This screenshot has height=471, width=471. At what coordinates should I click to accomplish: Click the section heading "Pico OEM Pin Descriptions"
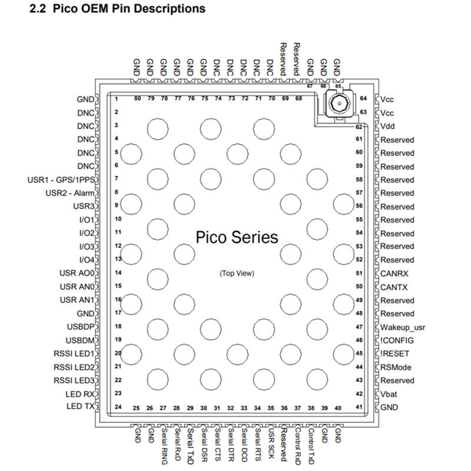point(129,8)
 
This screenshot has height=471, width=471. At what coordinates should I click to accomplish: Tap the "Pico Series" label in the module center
point(237,237)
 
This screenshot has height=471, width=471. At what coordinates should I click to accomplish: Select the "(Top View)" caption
point(237,273)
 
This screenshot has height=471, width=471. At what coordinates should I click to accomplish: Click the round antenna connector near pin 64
point(339,104)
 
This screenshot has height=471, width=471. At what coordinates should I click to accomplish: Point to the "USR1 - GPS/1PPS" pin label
point(61,180)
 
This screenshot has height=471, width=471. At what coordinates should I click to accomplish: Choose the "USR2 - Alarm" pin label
point(70,193)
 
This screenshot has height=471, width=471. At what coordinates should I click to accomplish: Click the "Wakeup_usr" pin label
point(403,327)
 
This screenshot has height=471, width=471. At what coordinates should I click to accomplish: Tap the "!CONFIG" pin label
point(397,340)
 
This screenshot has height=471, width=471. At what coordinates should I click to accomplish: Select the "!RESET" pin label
point(394,354)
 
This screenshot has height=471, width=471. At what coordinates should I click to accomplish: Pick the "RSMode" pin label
point(396,367)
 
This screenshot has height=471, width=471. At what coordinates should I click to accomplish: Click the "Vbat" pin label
point(389,394)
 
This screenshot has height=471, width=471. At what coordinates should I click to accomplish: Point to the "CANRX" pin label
point(394,274)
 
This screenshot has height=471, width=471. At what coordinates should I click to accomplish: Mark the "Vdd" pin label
point(387,126)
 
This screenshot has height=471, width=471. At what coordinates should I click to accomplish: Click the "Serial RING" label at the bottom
point(164,446)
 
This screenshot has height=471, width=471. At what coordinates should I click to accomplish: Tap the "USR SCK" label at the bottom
point(271,443)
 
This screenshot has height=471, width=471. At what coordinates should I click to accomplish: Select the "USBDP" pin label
point(81,327)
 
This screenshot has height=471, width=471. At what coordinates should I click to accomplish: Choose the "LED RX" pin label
point(80,394)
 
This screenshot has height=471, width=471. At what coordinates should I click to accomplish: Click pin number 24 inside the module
point(118,407)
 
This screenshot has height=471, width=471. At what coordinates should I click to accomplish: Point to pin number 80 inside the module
point(138,98)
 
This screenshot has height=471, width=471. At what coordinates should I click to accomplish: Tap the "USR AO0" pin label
point(77,273)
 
